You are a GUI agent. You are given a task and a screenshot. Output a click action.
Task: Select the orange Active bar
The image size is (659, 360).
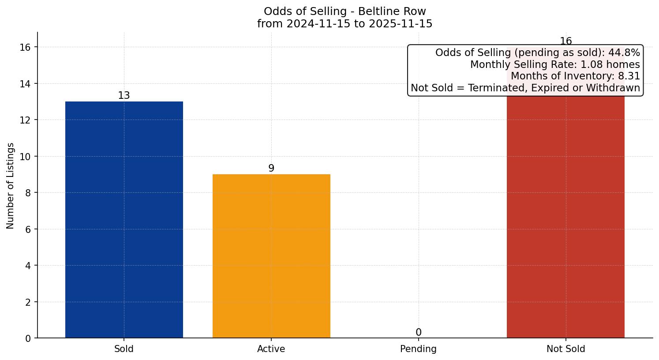click(271, 256)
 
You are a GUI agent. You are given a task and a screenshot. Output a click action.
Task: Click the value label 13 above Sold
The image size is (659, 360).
click(124, 96)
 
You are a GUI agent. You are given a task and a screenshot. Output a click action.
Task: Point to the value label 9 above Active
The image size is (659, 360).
click(271, 169)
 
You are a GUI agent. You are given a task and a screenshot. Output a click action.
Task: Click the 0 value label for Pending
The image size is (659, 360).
click(418, 333)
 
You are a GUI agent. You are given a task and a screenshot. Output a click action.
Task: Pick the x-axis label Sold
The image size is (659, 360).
click(124, 349)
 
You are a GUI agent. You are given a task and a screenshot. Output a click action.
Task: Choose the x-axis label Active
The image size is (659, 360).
click(271, 349)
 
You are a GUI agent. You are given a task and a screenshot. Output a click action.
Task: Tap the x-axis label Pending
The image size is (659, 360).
click(418, 349)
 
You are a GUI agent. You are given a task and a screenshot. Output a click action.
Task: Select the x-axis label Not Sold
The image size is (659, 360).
click(565, 349)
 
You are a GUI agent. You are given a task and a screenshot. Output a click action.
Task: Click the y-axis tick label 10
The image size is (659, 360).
click(25, 157)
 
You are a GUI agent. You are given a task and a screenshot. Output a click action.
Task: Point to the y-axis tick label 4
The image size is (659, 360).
click(28, 266)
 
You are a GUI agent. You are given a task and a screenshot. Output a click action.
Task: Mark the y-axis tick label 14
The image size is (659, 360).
click(25, 84)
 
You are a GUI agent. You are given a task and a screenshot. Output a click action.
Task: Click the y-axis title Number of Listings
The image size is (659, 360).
click(11, 186)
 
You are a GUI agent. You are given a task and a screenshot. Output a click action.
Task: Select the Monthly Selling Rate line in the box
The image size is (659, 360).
click(555, 65)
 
